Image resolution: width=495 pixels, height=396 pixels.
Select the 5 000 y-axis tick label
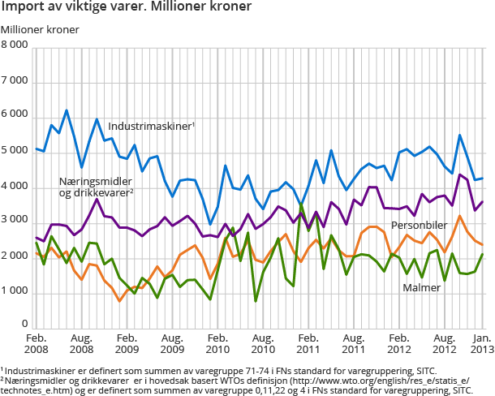click(17, 152)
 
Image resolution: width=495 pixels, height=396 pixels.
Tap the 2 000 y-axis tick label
click(17, 256)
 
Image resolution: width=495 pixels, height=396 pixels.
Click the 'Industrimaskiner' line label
click(151, 127)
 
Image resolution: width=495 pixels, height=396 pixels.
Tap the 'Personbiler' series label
click(421, 225)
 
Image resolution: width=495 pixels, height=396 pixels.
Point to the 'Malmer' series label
click(422, 286)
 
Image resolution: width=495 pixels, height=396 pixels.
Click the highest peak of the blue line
click(67, 110)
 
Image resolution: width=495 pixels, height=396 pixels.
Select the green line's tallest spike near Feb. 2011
click(302, 204)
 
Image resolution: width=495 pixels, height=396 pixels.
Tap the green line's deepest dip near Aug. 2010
click(256, 301)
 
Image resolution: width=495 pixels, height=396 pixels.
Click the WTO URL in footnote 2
click(368, 380)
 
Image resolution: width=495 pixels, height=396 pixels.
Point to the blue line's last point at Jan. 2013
click(484, 179)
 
